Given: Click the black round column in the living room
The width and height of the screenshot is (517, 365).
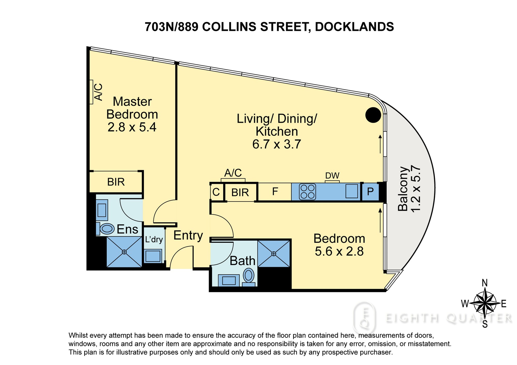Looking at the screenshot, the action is (373, 115).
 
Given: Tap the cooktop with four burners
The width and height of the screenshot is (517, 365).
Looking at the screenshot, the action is (308, 192).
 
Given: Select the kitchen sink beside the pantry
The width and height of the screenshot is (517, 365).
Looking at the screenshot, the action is (352, 191).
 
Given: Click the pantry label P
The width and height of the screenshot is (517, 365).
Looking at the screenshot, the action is (370, 192).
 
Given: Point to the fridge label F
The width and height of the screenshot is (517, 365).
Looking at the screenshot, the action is (275, 192).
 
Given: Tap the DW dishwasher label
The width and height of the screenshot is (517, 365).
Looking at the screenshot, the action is (332, 176).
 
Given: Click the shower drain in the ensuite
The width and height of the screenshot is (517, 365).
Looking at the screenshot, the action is (124, 252).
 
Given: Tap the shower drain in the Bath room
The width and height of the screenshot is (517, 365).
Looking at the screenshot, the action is (274, 254).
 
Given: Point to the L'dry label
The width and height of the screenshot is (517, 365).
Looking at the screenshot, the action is (154, 239).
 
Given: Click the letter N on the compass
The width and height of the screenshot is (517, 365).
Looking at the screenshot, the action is (485, 283).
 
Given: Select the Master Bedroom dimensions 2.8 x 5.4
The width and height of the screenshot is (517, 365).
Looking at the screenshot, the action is (132, 127).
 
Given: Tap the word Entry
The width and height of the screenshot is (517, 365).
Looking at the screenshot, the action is (188, 236).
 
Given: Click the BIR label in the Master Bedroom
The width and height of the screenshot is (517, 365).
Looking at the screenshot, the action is (116, 182).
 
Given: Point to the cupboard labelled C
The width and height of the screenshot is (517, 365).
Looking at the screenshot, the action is (216, 192).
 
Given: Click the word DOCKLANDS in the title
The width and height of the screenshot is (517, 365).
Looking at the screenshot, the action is (354, 27).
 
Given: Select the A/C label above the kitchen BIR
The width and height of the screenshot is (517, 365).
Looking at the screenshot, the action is (233, 173).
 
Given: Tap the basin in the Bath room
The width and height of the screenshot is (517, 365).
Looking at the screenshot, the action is (229, 280).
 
